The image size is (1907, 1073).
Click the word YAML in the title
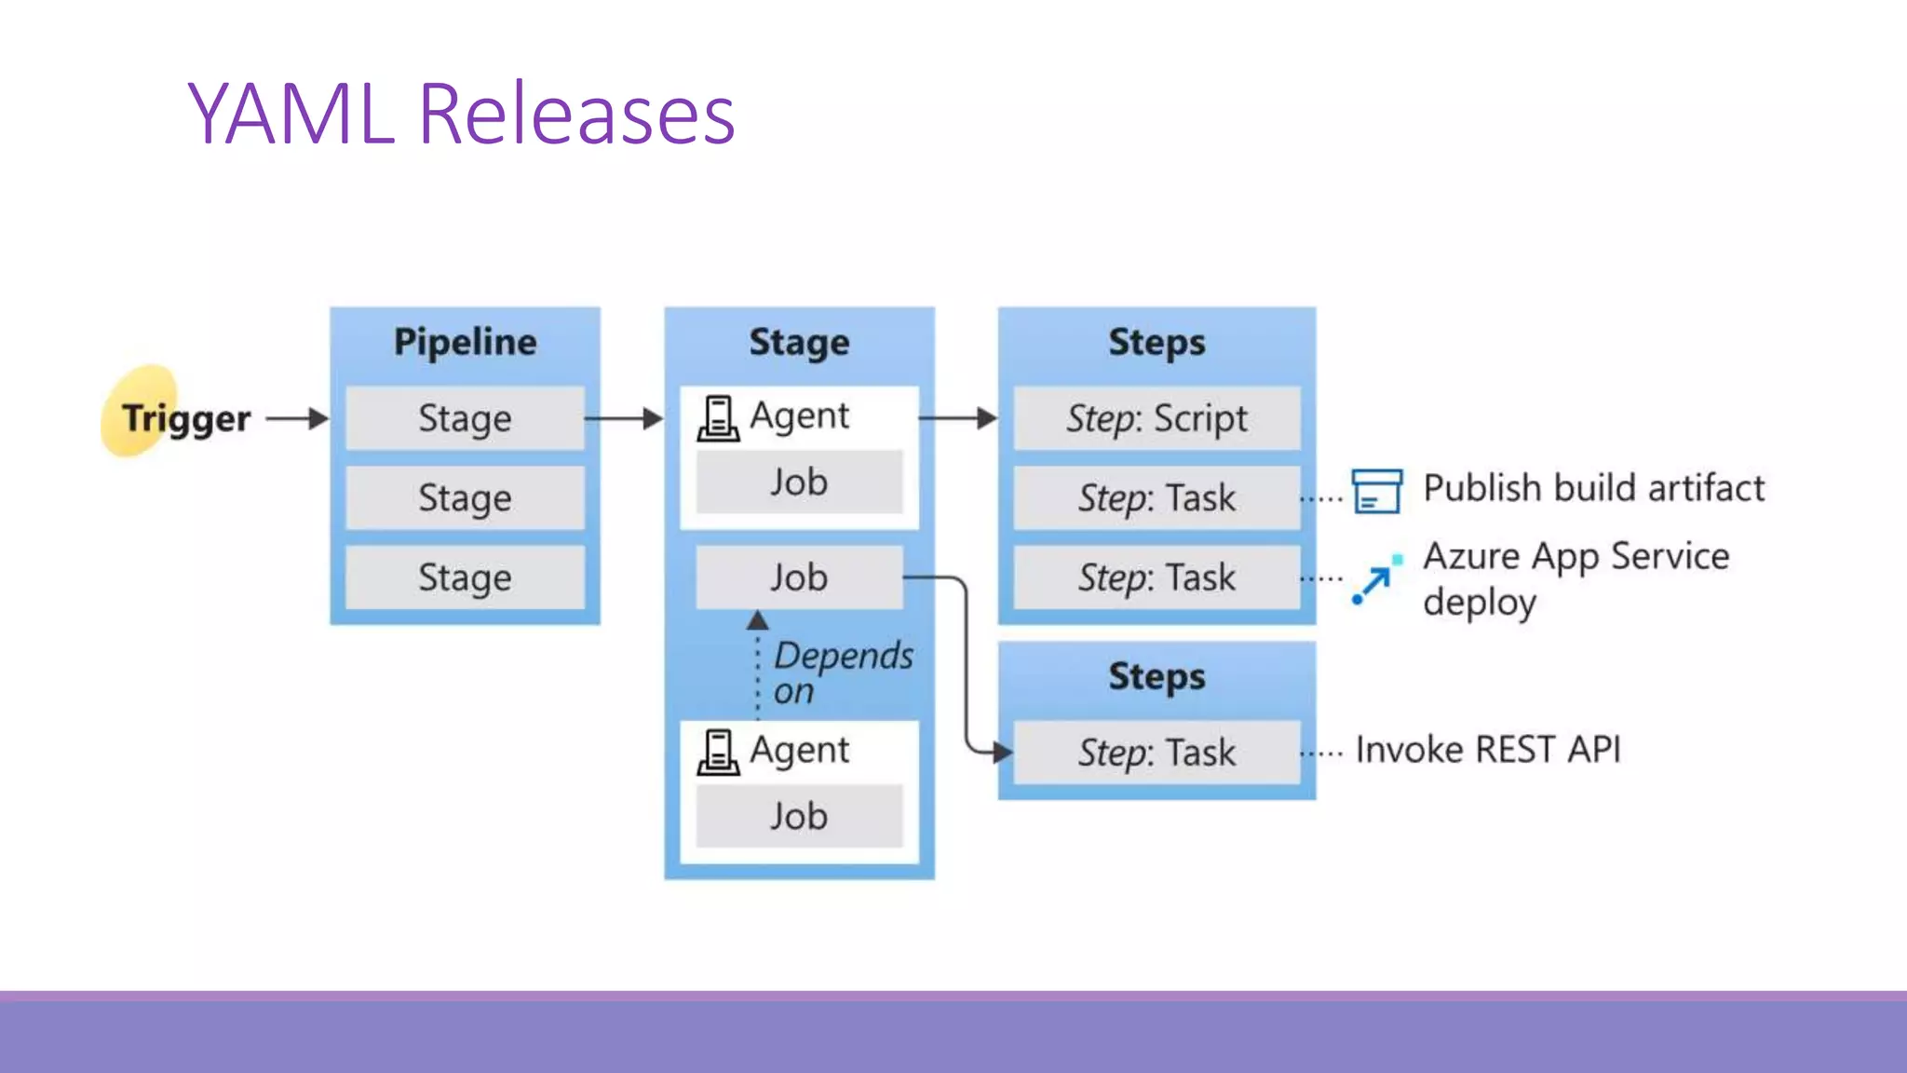(x=291, y=115)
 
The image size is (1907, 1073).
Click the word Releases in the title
(x=576, y=115)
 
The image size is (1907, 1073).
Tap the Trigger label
(x=186, y=418)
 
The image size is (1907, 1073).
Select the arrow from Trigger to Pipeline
(x=296, y=418)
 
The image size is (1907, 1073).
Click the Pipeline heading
(x=465, y=342)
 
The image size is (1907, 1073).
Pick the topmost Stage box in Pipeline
(x=465, y=418)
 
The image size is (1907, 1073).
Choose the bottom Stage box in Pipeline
(x=465, y=577)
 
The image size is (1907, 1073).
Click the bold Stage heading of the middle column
(x=799, y=342)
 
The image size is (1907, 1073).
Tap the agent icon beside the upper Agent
(x=718, y=418)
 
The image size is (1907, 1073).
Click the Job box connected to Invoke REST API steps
(x=799, y=577)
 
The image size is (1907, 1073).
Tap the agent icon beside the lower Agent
(x=718, y=753)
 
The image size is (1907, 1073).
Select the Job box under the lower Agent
(x=799, y=816)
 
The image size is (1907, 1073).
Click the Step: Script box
(x=1156, y=418)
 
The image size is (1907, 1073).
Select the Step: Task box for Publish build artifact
(x=1156, y=497)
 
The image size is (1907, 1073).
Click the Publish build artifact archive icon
(x=1376, y=491)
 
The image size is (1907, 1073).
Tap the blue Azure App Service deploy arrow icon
(x=1375, y=580)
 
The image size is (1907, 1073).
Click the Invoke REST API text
(x=1487, y=750)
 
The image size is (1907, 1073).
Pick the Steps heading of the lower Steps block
(x=1156, y=676)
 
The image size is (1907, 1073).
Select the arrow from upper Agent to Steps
(x=957, y=418)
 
